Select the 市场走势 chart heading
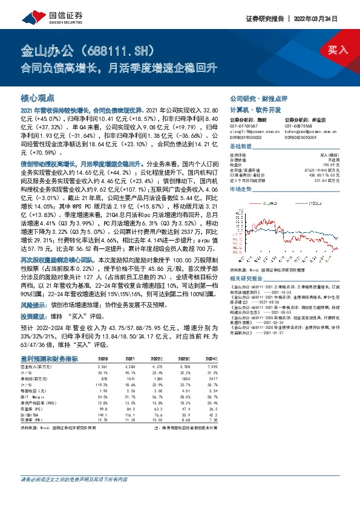[x=242, y=189]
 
